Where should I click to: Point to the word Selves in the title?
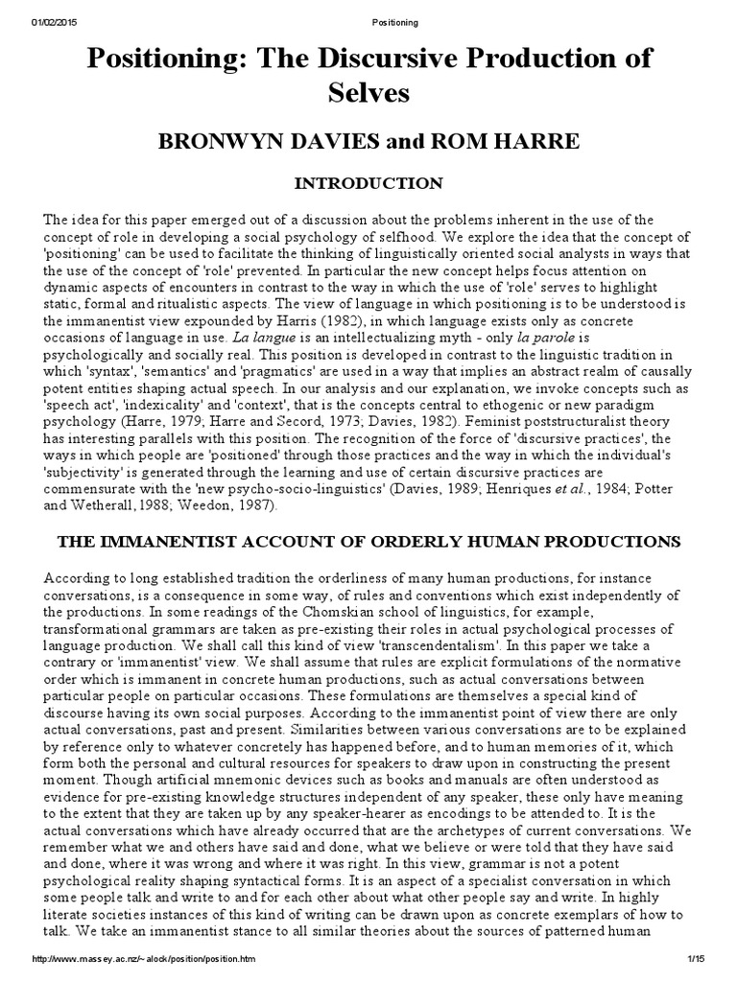coord(368,93)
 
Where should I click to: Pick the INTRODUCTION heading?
coord(368,182)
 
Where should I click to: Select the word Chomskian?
coord(266,611)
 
